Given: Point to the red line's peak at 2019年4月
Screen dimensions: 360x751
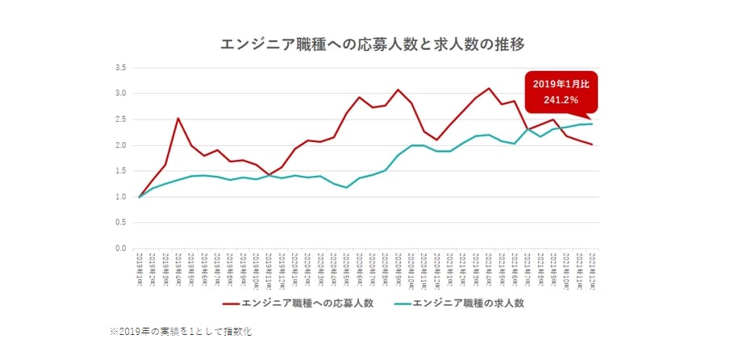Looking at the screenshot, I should tap(178, 119).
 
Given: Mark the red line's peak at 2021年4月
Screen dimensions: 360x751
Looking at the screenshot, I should tap(489, 88).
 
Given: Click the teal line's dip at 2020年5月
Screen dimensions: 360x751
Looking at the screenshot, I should tap(346, 187).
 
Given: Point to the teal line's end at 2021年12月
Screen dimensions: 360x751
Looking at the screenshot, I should tap(592, 123).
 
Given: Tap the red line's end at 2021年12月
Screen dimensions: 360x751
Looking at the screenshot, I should tap(592, 144).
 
